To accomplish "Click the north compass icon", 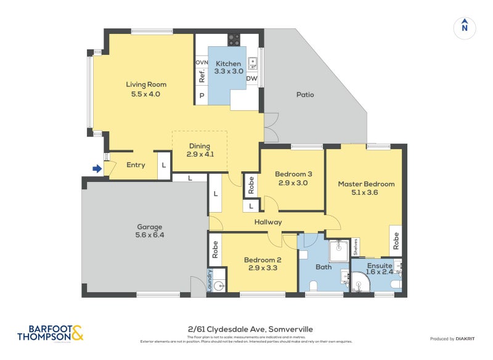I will click(x=464, y=27).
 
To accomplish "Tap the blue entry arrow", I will click(x=96, y=168).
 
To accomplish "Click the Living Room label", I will click(x=146, y=84).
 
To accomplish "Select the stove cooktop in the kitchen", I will click(x=234, y=40).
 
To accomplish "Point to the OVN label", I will click(x=202, y=63).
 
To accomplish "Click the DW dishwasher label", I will click(x=251, y=78).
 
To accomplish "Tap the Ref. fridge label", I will click(x=202, y=76).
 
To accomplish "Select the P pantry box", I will click(x=202, y=96).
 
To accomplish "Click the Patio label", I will click(x=305, y=94).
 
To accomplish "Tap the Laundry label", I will click(x=210, y=280).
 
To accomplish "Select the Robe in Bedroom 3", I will click(x=251, y=185).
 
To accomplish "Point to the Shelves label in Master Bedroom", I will click(x=356, y=247).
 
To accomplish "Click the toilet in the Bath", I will click(x=313, y=285).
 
